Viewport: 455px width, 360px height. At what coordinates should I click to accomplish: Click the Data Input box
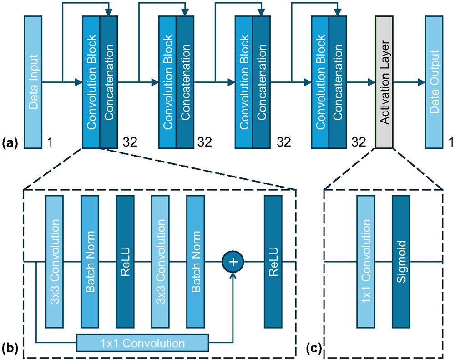point(33,82)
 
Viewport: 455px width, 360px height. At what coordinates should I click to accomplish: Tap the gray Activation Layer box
point(384,82)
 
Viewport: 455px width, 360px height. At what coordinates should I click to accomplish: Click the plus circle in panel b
point(233,262)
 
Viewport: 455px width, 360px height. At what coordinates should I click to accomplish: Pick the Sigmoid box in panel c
point(401,261)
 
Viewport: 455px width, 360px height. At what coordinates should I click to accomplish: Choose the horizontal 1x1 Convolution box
point(142,342)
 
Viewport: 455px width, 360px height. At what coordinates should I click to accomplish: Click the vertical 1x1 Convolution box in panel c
point(366,261)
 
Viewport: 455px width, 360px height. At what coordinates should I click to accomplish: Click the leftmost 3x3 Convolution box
point(55,261)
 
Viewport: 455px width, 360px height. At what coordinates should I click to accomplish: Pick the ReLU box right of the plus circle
point(273,261)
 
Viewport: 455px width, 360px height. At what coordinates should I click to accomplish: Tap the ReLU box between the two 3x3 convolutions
point(125,261)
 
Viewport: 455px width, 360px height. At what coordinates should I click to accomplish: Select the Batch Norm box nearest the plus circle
point(195,261)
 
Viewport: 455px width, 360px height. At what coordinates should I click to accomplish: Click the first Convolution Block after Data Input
point(91,82)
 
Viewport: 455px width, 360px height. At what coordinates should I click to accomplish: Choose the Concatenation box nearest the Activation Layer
point(338,82)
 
